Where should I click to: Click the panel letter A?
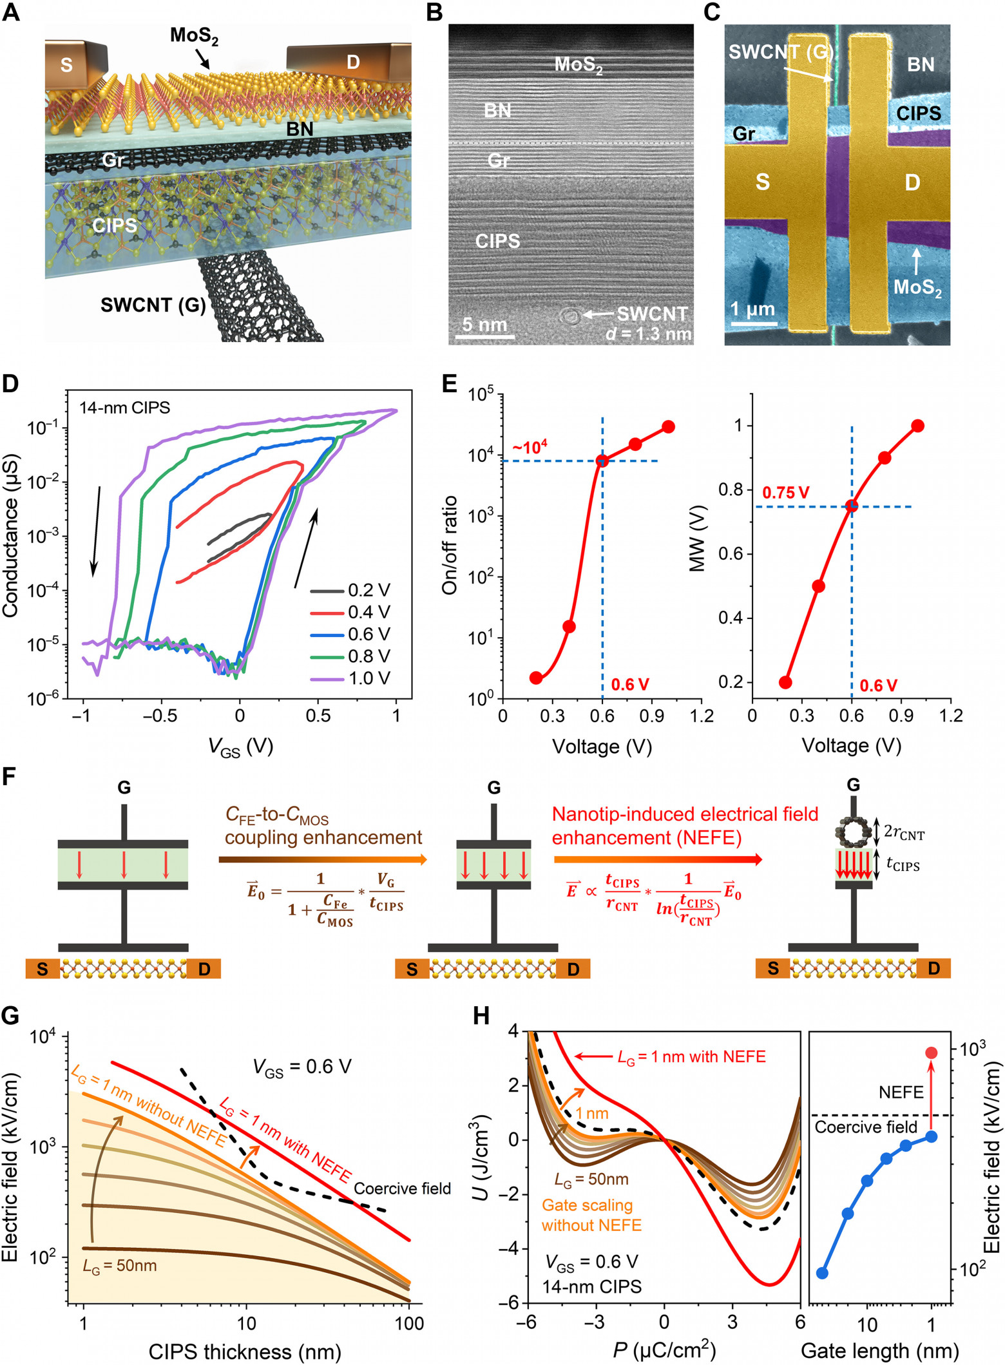(11, 12)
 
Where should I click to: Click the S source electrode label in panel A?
(66, 64)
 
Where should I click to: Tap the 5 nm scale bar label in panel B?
(484, 324)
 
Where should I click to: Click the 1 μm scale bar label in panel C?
(752, 310)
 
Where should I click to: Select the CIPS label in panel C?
(919, 114)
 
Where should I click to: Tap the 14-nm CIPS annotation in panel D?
(125, 408)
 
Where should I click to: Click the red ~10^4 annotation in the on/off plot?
(530, 446)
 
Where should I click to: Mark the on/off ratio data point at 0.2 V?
(535, 678)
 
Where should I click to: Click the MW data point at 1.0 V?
(918, 426)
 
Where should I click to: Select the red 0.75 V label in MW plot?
(786, 493)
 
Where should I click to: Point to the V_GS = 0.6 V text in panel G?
(302, 1068)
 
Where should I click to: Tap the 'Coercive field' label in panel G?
(403, 1188)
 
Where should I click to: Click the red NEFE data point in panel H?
(931, 1053)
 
